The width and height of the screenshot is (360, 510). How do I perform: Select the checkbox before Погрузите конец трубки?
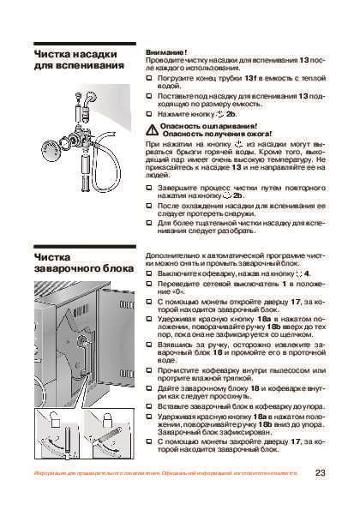[150, 77]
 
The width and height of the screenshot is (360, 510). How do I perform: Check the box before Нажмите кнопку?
[150, 112]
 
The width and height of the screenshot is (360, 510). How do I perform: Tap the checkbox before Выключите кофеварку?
[150, 272]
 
